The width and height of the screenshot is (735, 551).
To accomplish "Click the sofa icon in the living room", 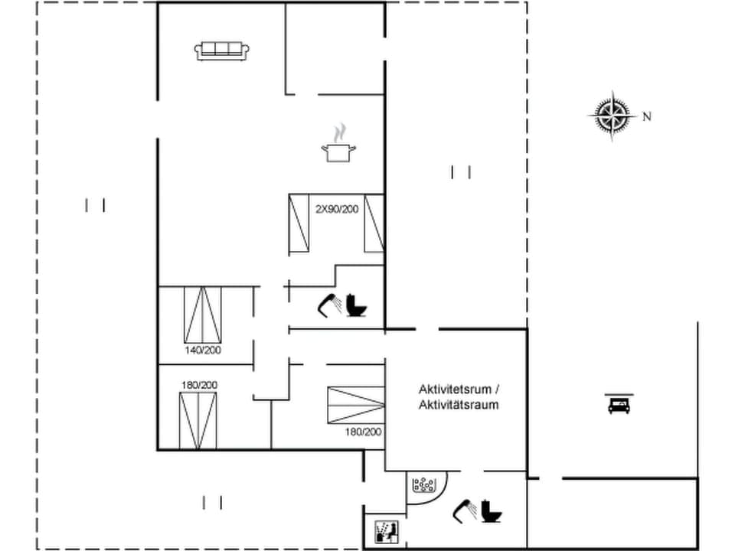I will point(222,51).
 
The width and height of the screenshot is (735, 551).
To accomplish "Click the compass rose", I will point(612,116).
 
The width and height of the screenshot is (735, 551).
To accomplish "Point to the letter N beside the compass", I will point(647,117).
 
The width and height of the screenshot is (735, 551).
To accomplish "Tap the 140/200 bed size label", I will point(202,350).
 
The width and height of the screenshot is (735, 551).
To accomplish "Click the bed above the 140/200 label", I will point(203,315).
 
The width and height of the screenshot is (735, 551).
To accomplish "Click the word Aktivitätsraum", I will point(459,405).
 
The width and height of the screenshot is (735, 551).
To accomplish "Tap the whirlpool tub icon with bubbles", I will point(423,485).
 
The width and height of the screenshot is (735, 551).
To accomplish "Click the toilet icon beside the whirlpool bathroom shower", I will point(492,510).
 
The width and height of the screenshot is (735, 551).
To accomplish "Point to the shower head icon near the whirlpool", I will point(466,509).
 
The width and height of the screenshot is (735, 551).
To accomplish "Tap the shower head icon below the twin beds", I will point(331,305).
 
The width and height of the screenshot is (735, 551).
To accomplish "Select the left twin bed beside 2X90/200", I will point(299,223).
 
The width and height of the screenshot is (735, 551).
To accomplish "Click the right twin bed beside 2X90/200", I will point(373,223).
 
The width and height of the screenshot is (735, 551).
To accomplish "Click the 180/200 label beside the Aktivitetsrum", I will point(363,432).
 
